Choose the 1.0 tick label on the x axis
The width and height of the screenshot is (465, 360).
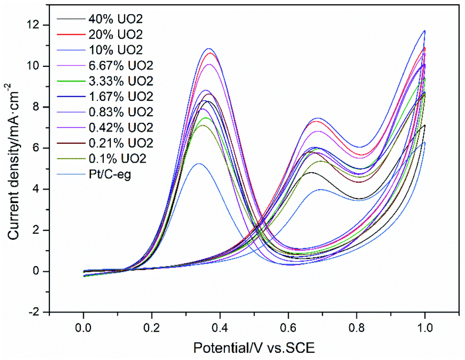[x=424, y=325]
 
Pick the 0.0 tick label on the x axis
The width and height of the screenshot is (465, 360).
[x=84, y=325]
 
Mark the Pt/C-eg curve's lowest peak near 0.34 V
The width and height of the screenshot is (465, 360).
[x=198, y=163]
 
